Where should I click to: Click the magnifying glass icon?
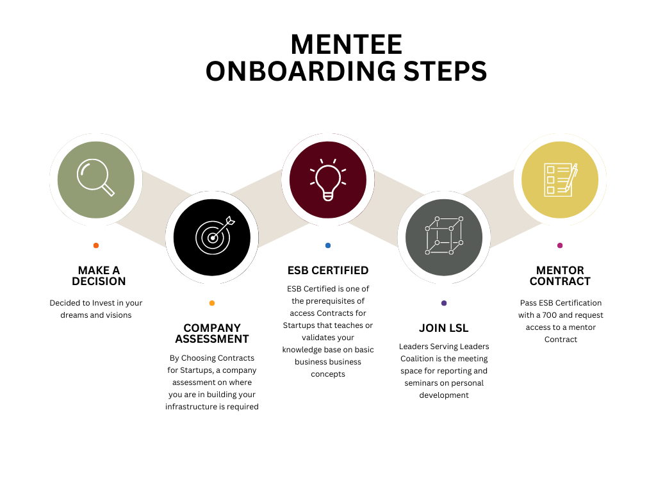click(x=95, y=177)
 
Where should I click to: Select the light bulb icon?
click(x=328, y=177)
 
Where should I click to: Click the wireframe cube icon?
click(x=443, y=236)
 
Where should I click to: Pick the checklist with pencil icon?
click(x=560, y=179)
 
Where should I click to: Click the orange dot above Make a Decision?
click(x=96, y=245)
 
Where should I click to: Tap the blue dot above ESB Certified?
click(x=328, y=245)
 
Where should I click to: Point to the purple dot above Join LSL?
click(x=444, y=303)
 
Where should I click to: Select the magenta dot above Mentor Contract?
click(x=560, y=245)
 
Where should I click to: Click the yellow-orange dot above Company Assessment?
click(x=212, y=303)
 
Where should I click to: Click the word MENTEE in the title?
click(x=346, y=45)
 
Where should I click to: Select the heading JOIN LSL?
click(x=444, y=328)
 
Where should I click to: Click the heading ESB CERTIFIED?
click(x=328, y=270)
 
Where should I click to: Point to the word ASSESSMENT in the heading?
click(x=212, y=339)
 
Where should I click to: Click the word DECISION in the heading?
click(x=99, y=281)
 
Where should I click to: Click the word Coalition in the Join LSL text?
click(x=418, y=359)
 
